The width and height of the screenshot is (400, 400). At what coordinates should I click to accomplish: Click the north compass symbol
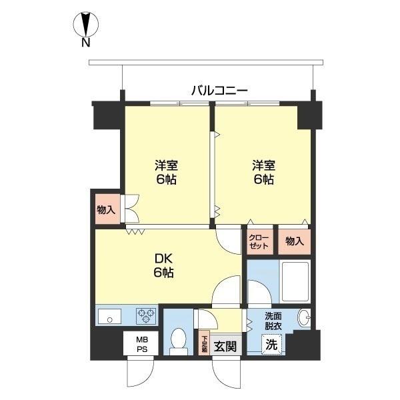point(85,25)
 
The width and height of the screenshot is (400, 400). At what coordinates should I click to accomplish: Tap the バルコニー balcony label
point(219,89)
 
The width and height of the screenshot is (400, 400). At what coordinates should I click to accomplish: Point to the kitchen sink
point(109,317)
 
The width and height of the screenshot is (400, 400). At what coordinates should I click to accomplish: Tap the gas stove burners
point(146,316)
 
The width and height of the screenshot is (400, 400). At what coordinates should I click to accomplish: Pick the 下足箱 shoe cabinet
point(205,344)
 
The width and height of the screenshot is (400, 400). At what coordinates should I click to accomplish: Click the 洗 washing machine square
point(271,345)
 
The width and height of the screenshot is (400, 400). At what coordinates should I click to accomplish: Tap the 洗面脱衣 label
point(272,320)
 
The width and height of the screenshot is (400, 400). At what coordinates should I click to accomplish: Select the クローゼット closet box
point(259,241)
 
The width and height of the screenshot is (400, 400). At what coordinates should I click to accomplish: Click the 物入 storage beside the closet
point(293,241)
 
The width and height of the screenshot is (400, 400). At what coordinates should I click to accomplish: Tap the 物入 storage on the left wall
point(106,209)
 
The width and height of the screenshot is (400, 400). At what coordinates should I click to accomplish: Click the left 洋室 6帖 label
point(166,172)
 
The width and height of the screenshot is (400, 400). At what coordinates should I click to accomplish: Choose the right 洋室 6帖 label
point(263,172)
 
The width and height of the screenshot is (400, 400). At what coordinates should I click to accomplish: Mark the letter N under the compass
point(85,45)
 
